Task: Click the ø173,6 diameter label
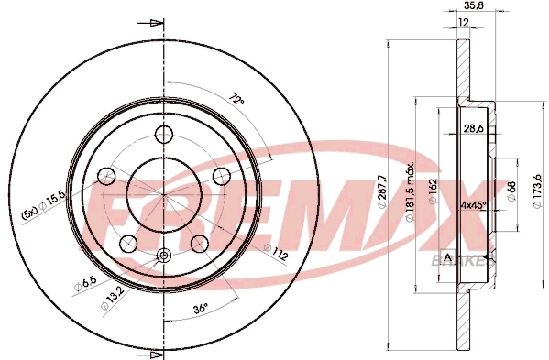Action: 536,193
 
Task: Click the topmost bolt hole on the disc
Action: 165,136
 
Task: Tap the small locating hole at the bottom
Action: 164,256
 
